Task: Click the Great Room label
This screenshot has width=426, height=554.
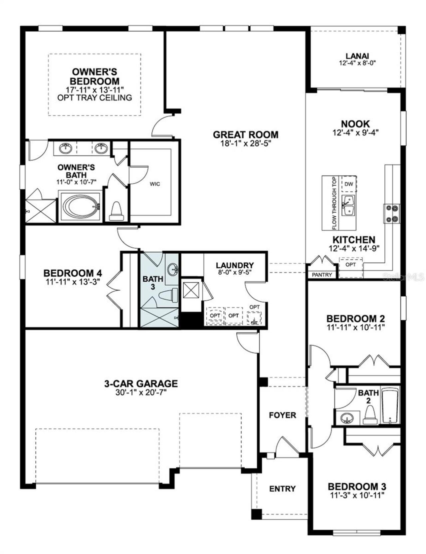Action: coord(245,135)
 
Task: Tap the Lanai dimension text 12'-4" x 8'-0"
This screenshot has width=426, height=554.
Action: coord(357,63)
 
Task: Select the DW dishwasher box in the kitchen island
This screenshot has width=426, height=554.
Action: coord(348,184)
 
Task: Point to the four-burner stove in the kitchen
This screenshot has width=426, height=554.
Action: coord(391,213)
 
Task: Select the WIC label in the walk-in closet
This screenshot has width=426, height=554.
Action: coord(155,184)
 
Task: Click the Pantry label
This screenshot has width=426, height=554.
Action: coord(322,275)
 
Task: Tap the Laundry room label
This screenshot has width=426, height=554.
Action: coord(235,265)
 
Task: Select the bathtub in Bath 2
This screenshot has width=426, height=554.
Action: coord(390,406)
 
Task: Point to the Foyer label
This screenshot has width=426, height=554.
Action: coord(282,415)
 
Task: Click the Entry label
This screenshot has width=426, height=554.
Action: coord(282,489)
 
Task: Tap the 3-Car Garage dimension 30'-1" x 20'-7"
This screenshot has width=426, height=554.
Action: coord(141,393)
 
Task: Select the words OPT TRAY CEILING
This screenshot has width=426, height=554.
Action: coord(95,98)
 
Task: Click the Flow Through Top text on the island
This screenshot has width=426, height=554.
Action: coord(334,203)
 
